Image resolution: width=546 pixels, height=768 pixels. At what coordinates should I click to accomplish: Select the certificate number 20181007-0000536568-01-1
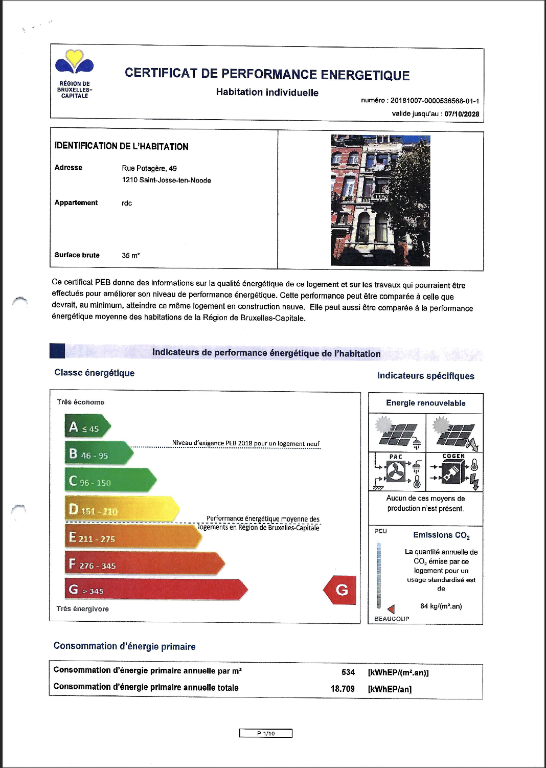tap(435, 101)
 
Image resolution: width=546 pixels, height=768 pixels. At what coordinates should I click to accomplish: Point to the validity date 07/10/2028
tap(462, 114)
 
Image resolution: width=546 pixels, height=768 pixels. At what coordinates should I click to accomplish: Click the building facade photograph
tap(380, 200)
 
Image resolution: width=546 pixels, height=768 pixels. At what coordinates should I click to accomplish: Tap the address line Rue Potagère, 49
tap(149, 168)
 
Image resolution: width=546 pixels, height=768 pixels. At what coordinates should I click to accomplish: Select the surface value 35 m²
tap(130, 255)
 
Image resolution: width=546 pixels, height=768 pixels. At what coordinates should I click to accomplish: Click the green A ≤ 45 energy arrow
tap(86, 427)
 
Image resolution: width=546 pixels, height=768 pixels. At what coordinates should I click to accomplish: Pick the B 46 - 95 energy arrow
tap(97, 454)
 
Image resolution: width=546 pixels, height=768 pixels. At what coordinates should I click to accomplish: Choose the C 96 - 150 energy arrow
tap(108, 481)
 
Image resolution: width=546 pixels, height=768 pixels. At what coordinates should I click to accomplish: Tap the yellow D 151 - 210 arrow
tap(120, 509)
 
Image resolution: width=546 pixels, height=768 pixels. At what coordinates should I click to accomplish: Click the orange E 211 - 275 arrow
tap(132, 537)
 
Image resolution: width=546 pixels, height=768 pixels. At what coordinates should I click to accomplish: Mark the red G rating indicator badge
tap(340, 590)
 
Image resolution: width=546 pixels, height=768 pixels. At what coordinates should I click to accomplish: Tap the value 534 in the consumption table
tap(348, 672)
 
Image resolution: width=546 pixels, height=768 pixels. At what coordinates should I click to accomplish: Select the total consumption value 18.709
tap(343, 688)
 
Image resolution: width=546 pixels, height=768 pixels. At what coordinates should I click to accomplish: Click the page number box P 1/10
tap(266, 733)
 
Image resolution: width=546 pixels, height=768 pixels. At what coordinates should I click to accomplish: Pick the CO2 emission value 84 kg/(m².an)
tap(441, 606)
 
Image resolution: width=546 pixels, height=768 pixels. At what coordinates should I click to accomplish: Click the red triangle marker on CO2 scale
tap(391, 609)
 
